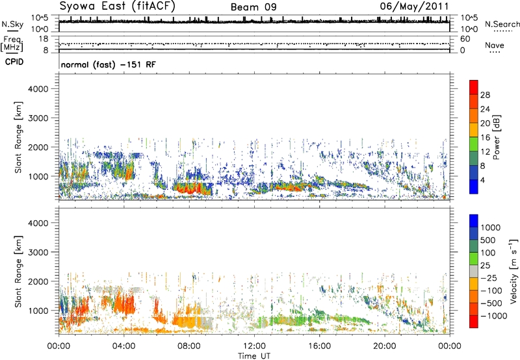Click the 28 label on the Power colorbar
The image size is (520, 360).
[486, 94]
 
